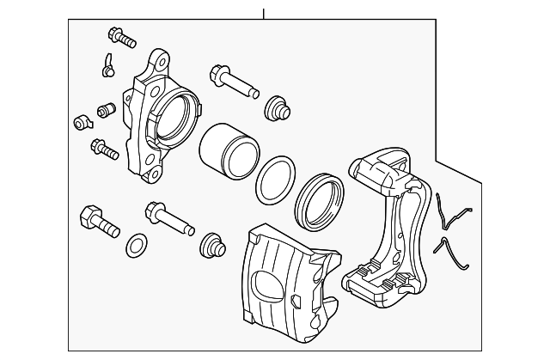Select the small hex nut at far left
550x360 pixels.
[81, 121]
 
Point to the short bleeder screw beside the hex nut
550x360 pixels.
[107, 111]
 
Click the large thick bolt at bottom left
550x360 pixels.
[97, 220]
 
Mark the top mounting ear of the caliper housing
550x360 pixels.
[157, 62]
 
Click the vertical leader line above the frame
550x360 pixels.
[264, 12]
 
